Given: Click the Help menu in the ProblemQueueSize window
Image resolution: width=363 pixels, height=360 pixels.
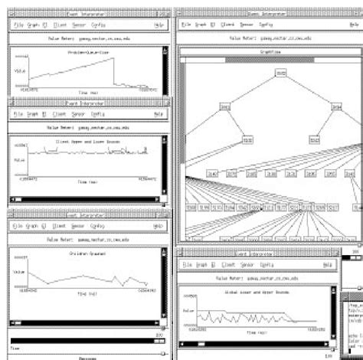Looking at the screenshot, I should [x=159, y=25].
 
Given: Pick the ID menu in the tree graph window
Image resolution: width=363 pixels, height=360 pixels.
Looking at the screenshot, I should [x=221, y=25].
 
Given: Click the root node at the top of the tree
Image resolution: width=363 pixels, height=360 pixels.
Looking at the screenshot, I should [x=280, y=74].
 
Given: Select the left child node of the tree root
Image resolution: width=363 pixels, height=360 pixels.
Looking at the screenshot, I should [x=225, y=107].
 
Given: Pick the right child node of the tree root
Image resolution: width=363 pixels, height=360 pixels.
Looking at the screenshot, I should [x=333, y=107].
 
